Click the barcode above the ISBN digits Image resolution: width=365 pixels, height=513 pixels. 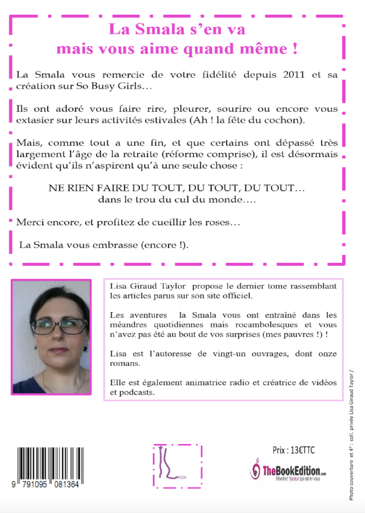(50, 464)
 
